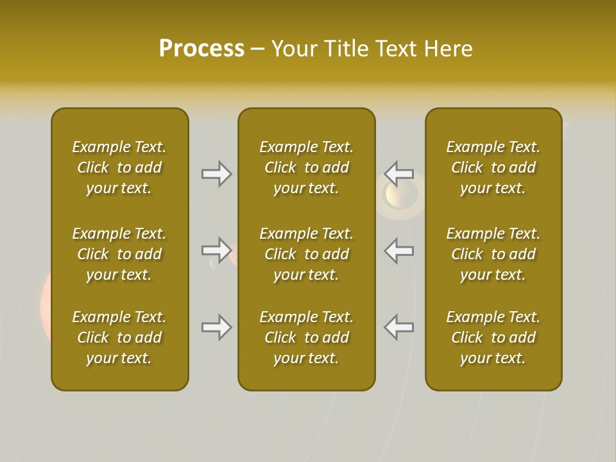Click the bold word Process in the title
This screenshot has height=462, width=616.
201,49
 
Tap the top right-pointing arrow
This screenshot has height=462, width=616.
216,174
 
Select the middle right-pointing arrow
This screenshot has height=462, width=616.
216,250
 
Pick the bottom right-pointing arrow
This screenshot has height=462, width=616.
216,327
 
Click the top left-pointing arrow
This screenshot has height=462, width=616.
399,174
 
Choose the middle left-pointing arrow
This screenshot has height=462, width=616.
399,250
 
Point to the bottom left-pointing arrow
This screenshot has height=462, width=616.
399,327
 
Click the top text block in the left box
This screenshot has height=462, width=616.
119,167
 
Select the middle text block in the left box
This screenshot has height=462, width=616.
119,254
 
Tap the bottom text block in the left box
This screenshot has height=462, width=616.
119,338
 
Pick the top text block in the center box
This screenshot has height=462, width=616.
306,167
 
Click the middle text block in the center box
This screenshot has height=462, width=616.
306,254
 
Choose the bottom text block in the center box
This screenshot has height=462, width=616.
306,338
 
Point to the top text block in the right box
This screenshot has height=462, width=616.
493,167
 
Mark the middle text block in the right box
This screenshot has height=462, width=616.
493,254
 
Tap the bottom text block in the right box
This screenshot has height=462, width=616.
493,338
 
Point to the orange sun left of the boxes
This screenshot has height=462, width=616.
45,302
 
